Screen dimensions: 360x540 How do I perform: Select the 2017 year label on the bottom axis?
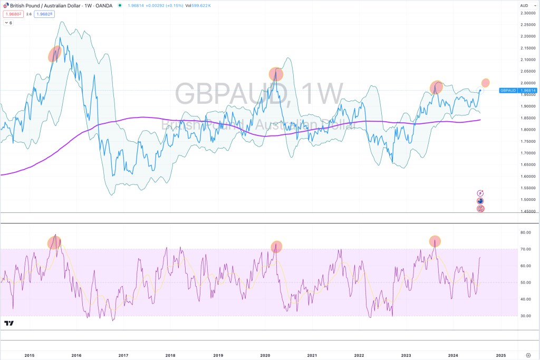pos(123,355)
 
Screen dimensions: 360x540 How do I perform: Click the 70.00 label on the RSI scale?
pos(525,249)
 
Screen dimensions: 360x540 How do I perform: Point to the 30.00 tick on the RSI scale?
pos(525,316)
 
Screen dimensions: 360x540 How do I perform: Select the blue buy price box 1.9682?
pos(44,14)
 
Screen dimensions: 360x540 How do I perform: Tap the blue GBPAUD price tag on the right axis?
pos(510,91)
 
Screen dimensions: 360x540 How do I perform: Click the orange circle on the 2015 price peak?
pos(55,54)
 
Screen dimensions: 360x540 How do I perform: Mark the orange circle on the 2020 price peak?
pos(276,74)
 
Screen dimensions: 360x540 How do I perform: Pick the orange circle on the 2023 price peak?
pos(436,87)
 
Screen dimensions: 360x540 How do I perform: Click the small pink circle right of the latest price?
pos(486,83)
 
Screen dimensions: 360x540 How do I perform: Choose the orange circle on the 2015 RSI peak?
pos(54,242)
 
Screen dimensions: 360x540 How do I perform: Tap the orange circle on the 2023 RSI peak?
pos(435,241)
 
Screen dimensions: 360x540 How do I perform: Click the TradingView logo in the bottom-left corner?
pos(8,323)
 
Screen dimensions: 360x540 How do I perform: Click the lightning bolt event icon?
pos(480,193)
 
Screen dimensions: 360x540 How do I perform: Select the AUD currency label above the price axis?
pos(524,5)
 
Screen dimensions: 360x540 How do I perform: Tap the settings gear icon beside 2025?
pos(528,355)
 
